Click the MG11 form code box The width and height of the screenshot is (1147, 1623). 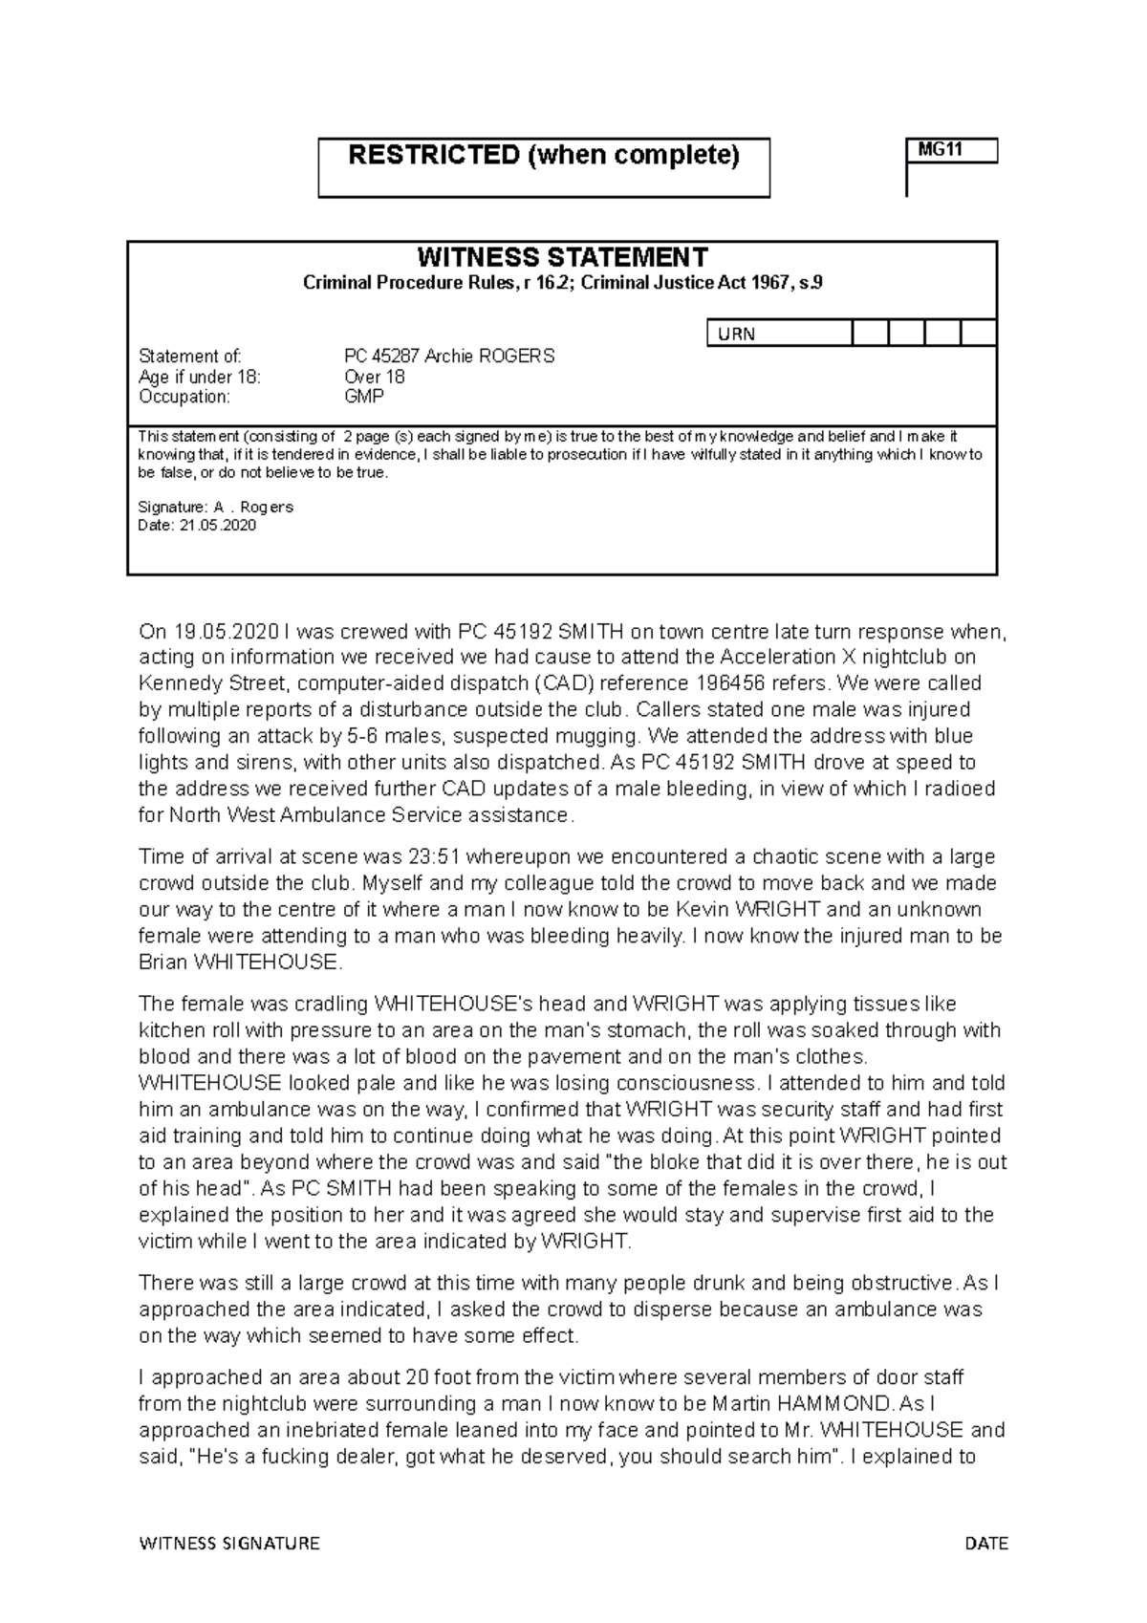pos(950,151)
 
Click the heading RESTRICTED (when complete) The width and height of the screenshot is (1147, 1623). pos(544,155)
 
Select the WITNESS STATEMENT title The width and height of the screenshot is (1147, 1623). pos(562,257)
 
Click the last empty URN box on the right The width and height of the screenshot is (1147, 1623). pos(979,333)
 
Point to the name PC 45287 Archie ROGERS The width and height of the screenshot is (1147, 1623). pos(448,357)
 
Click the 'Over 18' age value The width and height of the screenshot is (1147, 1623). pos(375,377)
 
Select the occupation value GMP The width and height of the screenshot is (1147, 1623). pos(364,396)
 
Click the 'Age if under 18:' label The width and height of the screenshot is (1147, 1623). pos(199,377)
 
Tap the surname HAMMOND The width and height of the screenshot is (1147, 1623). pos(836,1404)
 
